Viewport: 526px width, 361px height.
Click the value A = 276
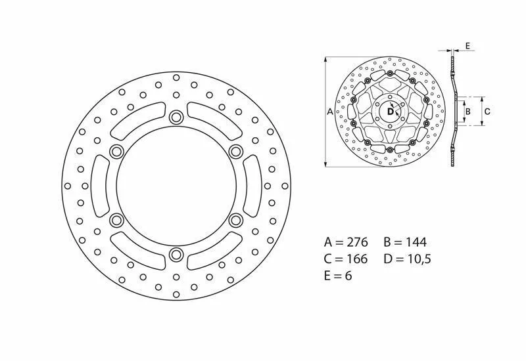[x=346, y=242]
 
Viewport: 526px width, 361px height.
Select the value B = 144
[x=405, y=242]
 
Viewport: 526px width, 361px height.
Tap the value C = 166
[x=346, y=259]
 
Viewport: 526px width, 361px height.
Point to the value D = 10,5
[x=407, y=259]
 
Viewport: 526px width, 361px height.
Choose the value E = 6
[x=338, y=276]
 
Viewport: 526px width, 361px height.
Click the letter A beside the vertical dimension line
[x=330, y=112]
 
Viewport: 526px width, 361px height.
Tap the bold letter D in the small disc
[x=391, y=112]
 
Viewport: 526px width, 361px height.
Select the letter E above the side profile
[x=467, y=46]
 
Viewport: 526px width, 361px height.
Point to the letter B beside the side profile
[x=468, y=111]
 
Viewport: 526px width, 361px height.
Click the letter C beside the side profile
[x=487, y=111]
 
